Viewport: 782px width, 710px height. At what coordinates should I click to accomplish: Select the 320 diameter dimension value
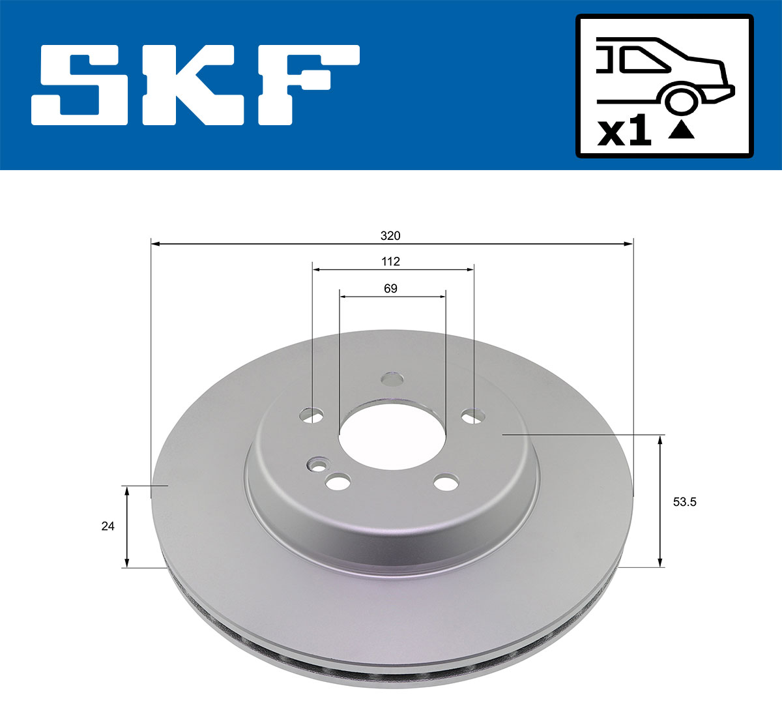pyautogui.click(x=390, y=235)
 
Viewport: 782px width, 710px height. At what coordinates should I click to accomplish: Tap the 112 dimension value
pyautogui.click(x=390, y=261)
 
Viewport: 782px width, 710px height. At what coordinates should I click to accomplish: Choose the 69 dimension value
pyautogui.click(x=390, y=288)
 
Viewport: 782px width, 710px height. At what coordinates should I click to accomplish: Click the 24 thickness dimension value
pyautogui.click(x=108, y=525)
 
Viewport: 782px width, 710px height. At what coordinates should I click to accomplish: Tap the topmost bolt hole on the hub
pyautogui.click(x=392, y=379)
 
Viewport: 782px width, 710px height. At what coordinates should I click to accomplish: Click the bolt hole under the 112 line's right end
pyautogui.click(x=472, y=415)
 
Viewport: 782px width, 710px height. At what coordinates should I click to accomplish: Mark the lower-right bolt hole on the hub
pyautogui.click(x=446, y=483)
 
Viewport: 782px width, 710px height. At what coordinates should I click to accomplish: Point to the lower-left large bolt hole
pyautogui.click(x=338, y=483)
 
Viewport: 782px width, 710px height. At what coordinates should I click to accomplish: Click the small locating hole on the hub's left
pyautogui.click(x=317, y=465)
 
